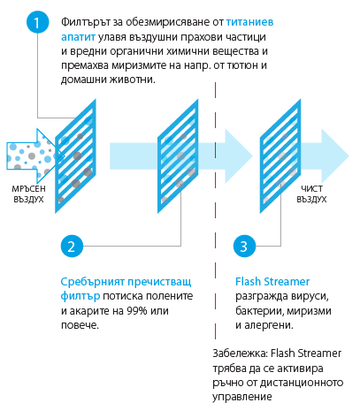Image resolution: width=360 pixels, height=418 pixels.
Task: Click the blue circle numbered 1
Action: coord(37,22)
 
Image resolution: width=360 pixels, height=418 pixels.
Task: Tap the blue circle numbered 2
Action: coord(72,246)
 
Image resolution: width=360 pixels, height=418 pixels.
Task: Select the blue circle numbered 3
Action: coord(244,246)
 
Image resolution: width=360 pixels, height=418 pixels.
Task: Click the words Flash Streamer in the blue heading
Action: coord(272,282)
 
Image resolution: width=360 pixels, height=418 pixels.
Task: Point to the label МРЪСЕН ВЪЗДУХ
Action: coord(29,194)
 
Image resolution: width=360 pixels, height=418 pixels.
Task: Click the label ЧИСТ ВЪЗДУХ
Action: coord(311,194)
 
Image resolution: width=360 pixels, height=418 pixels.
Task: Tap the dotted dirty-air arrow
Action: coord(35,156)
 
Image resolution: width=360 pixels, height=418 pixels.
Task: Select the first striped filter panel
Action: coord(75,156)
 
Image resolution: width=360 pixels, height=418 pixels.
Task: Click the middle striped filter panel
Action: coord(178,156)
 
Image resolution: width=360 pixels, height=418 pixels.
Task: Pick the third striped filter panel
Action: coord(280,156)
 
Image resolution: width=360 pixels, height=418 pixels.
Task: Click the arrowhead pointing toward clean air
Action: coord(335,156)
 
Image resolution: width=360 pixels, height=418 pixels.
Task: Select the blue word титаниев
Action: coord(250,22)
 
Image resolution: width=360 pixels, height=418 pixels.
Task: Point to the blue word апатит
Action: coord(78,37)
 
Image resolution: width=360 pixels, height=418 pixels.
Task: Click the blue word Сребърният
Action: coord(93,282)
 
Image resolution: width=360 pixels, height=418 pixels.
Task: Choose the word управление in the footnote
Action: coord(242,397)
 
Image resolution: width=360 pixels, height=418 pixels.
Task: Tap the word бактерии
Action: coord(259,311)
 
